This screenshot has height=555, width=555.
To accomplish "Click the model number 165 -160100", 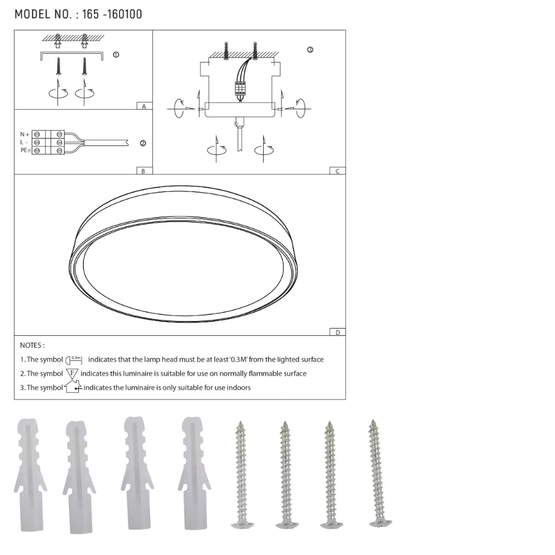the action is (x=112, y=14).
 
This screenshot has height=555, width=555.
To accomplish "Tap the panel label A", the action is (x=144, y=107).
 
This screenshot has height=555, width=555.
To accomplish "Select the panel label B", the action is (x=143, y=171).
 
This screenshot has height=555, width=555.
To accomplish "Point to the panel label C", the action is (x=337, y=171).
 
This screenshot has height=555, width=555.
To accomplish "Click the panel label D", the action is (x=337, y=332).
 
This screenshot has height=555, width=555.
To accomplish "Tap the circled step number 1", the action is (x=116, y=54).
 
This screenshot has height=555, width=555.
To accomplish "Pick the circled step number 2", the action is (x=143, y=143).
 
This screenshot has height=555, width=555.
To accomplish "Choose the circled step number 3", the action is (x=310, y=50).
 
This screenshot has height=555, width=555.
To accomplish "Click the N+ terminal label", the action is (x=24, y=134).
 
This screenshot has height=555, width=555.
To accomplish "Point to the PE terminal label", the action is (x=25, y=150).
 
